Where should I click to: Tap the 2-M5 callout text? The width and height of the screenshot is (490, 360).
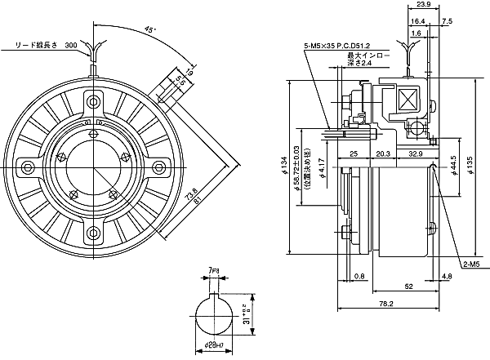click(x=471, y=265)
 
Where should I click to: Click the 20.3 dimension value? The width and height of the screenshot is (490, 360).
click(x=382, y=153)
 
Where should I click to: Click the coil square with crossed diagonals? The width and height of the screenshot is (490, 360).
click(x=405, y=100)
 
